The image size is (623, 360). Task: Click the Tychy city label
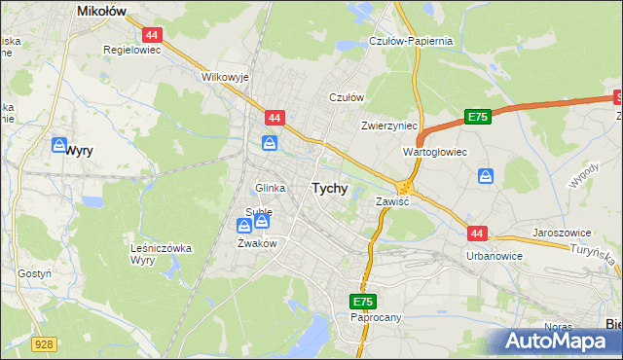(329, 189)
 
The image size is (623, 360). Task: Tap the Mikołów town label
(104, 11)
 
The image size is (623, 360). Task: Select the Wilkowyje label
(225, 76)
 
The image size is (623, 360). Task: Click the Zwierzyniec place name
(388, 126)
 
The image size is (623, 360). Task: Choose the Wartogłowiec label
(435, 153)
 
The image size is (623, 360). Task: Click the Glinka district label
(270, 188)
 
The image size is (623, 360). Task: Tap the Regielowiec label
(131, 48)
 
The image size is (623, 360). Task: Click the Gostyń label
(34, 274)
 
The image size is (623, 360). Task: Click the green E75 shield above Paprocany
(362, 302)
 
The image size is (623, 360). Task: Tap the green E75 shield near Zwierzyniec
(476, 117)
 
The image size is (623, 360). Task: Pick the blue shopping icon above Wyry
(59, 146)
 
